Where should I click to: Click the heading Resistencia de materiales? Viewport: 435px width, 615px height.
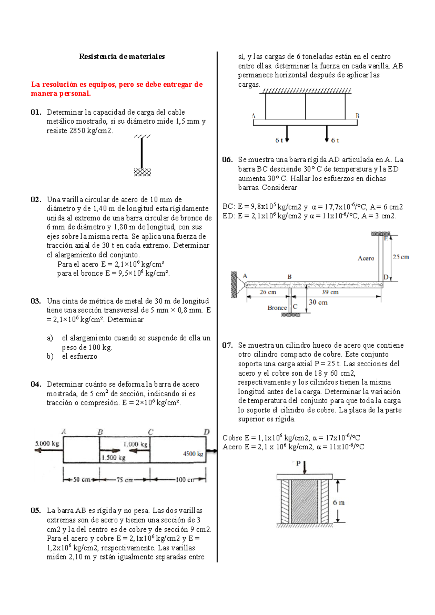coord(122,57)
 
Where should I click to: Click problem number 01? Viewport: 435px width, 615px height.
coord(36,112)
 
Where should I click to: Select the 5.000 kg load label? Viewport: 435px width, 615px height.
coord(47,443)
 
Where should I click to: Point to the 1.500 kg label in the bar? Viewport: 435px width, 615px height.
coord(113,458)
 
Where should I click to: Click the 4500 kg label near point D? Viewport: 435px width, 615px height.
coord(193,454)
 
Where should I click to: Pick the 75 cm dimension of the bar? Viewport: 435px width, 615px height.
coord(124,480)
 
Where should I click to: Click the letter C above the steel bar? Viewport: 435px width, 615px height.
coord(151,432)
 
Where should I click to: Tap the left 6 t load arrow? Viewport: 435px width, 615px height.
coord(287,134)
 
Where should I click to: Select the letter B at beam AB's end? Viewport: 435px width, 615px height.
coord(357,116)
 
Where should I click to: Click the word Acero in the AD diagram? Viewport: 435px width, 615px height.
coord(366,258)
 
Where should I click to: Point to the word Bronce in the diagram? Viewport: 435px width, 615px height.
coord(277,308)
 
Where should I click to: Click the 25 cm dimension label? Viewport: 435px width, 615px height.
coord(401,257)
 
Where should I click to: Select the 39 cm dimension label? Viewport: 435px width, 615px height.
coord(330,292)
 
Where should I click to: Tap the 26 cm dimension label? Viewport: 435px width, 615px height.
coord(268,292)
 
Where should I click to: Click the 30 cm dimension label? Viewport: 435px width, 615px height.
coord(318,302)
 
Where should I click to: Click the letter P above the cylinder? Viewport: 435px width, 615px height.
coord(298,463)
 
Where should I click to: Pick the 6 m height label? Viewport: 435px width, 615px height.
coord(339,503)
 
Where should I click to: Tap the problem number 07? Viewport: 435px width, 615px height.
coord(227,345)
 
